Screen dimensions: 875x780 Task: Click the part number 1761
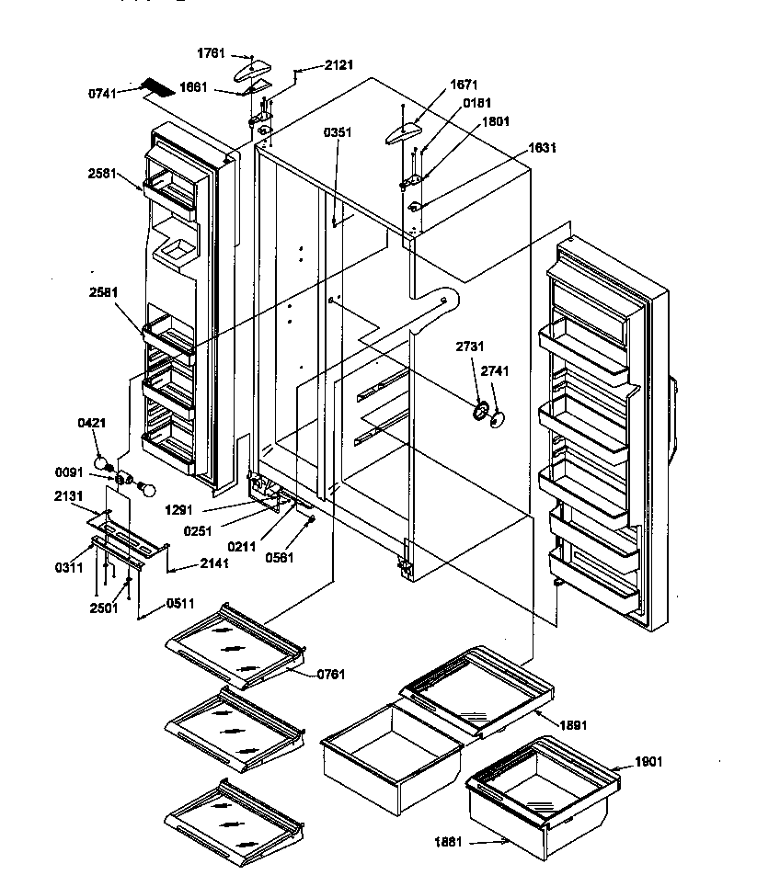[211, 54]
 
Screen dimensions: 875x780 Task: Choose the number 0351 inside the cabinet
[338, 131]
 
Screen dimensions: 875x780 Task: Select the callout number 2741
[494, 371]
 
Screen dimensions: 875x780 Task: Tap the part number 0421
[90, 423]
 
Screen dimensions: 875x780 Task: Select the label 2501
[104, 608]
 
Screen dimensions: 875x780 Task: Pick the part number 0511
[180, 604]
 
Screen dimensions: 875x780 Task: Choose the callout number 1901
[648, 762]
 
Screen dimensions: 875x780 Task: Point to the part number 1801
[496, 120]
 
